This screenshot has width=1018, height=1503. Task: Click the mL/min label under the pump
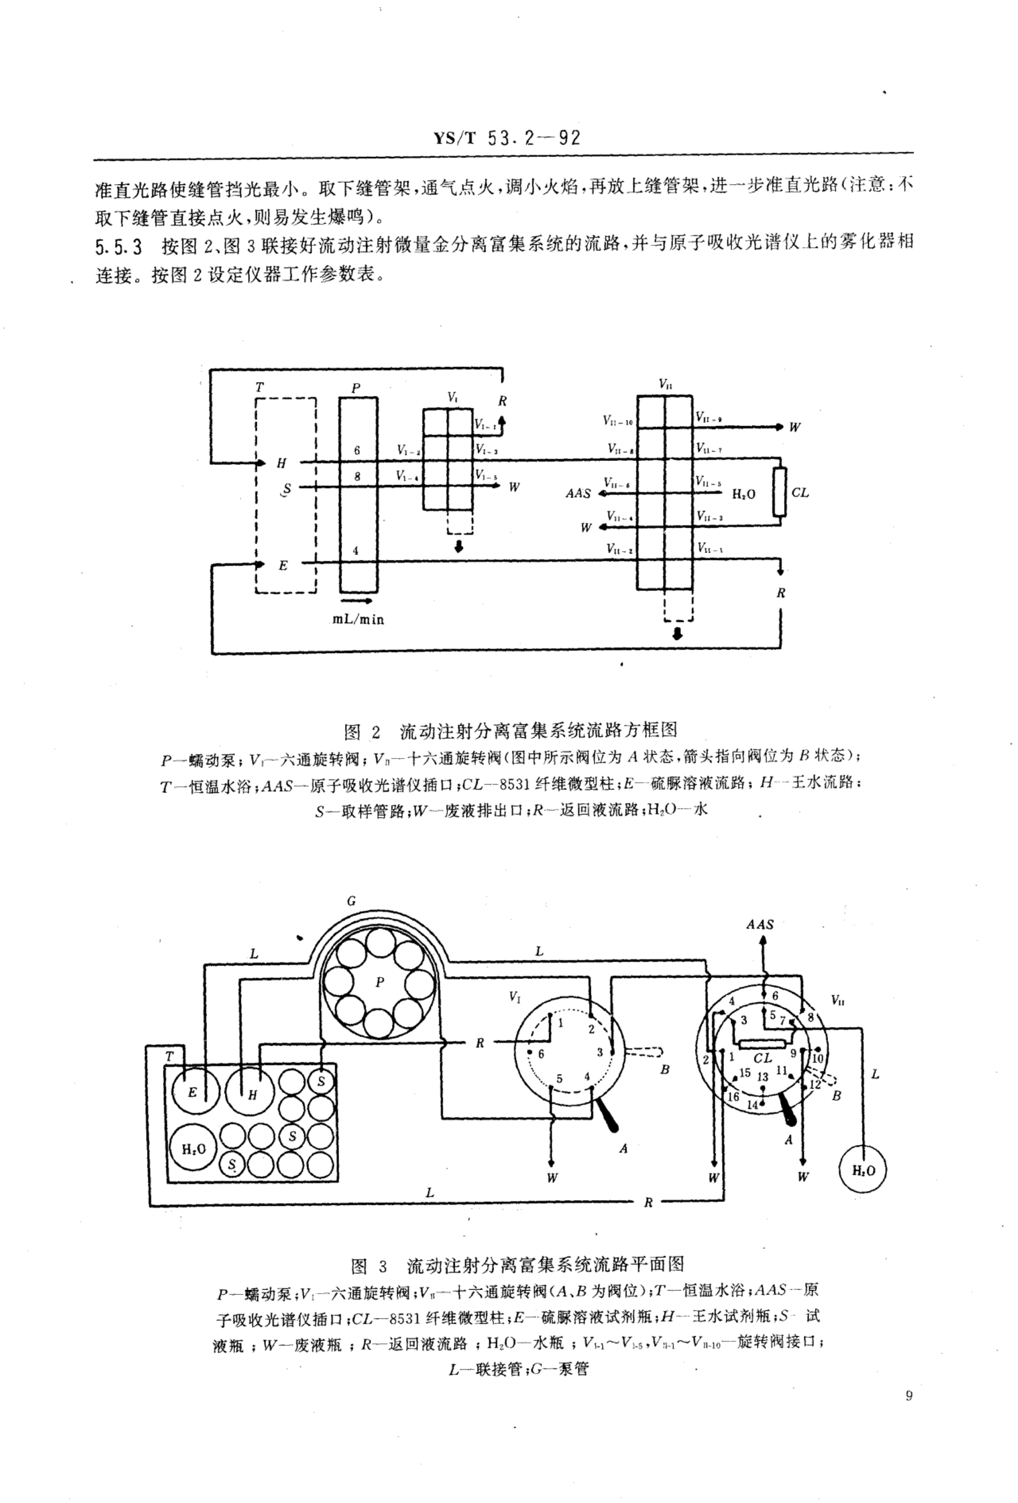(x=358, y=620)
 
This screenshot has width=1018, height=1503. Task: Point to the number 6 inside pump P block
(x=357, y=451)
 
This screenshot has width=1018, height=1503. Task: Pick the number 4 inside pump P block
(x=355, y=551)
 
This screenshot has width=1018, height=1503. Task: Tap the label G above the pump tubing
(x=352, y=901)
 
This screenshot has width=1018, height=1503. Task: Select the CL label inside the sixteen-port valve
(x=763, y=1058)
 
